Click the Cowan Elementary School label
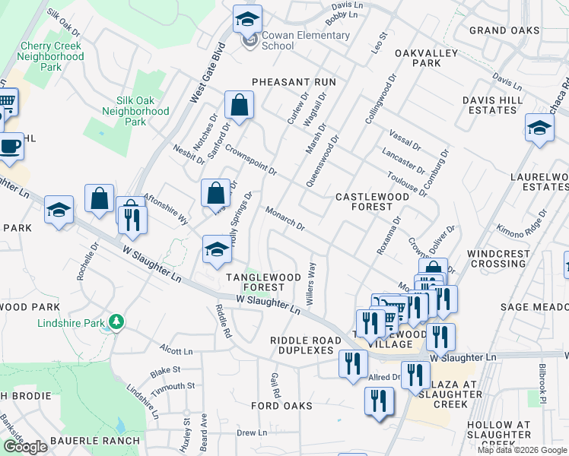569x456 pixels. pyautogui.click(x=305, y=40)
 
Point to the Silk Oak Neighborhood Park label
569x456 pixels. pyautogui.click(x=135, y=111)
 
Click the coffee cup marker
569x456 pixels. pyautogui.click(x=10, y=146)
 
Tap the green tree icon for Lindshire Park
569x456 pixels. pyautogui.click(x=116, y=322)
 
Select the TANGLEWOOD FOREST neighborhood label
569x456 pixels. pyautogui.click(x=255, y=282)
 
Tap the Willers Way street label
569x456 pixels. pyautogui.click(x=310, y=284)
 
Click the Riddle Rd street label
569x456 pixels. pyautogui.click(x=223, y=321)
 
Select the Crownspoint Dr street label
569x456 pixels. pyautogui.click(x=250, y=160)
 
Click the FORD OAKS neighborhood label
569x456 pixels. pyautogui.click(x=282, y=406)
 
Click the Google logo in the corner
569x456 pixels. pyautogui.click(x=25, y=447)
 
